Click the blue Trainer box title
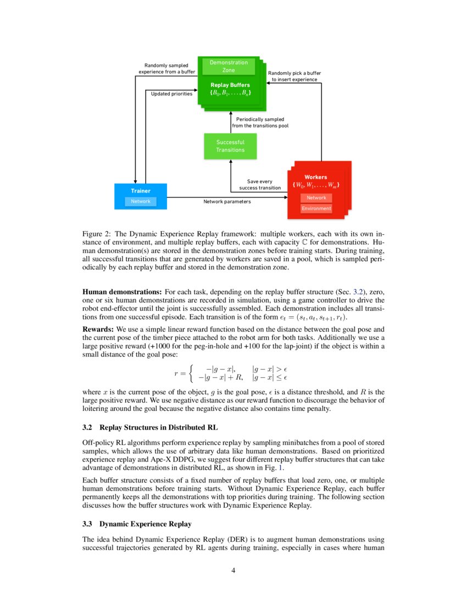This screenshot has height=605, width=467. coord(141,190)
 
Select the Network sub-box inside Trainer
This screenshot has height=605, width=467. coord(141,201)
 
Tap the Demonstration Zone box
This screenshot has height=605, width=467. coord(229,67)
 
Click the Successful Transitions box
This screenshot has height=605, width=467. coord(230,146)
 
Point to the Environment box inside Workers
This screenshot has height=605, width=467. coord(316,208)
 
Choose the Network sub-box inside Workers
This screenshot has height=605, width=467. coord(316,197)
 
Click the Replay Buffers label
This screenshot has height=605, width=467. coord(230,85)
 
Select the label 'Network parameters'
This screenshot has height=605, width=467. coord(227,202)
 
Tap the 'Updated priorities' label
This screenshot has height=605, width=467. coord(171,94)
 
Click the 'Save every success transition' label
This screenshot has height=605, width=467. coord(260,184)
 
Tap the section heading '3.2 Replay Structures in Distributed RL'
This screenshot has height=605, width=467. coord(154,426)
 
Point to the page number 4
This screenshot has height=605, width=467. coord(233,570)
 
